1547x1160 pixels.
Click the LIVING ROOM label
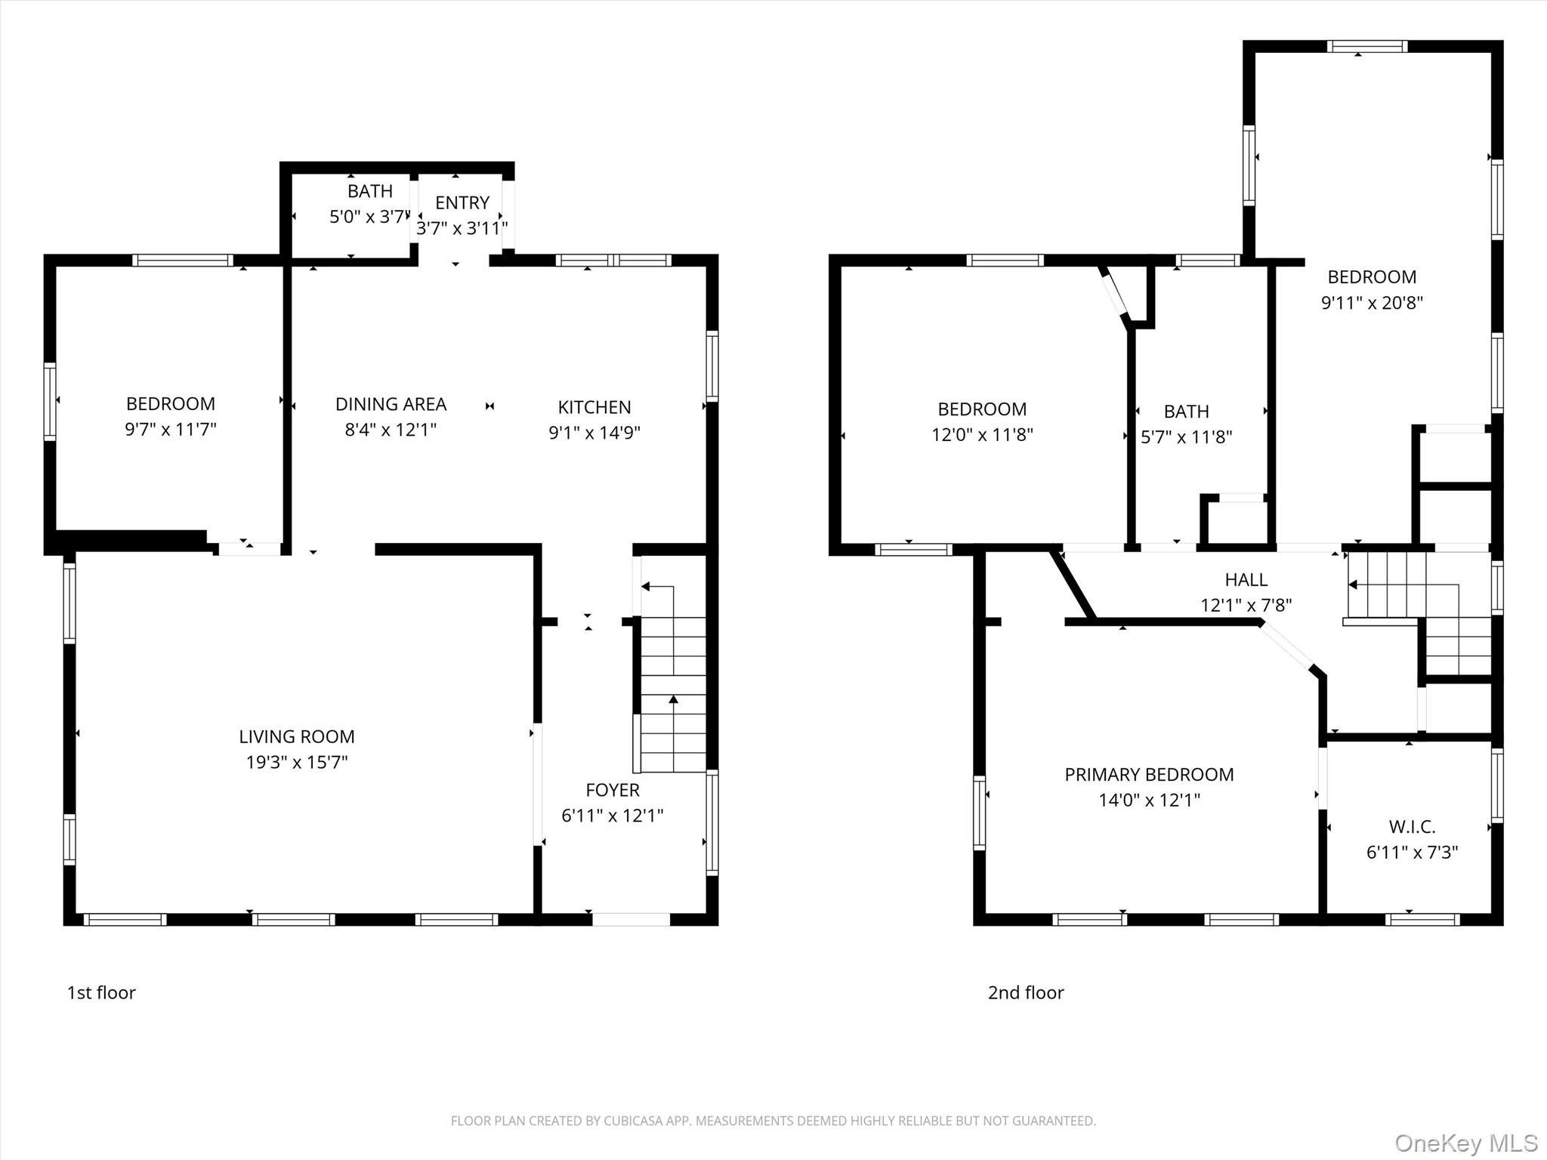click(x=296, y=736)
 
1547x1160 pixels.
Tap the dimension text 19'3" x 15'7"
click(x=296, y=762)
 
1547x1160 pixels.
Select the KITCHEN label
click(x=594, y=407)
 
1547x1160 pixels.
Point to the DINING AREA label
click(x=391, y=404)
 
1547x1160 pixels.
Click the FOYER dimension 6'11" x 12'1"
click(x=612, y=816)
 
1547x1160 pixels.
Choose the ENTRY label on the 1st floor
click(x=462, y=202)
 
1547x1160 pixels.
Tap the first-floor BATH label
click(x=369, y=191)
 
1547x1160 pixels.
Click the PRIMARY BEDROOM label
click(x=1149, y=774)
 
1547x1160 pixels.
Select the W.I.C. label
click(x=1411, y=826)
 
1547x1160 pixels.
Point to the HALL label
click(x=1246, y=579)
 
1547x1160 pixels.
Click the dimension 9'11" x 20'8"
click(x=1372, y=303)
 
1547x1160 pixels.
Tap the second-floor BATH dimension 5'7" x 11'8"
click(x=1186, y=437)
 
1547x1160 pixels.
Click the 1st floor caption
click(x=101, y=992)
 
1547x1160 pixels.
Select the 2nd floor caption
click(x=1025, y=992)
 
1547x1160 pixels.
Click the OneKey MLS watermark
click(x=1465, y=1143)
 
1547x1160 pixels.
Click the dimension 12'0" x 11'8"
click(x=981, y=435)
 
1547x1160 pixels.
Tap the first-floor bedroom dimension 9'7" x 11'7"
click(x=170, y=430)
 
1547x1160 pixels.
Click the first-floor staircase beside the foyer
click(x=672, y=695)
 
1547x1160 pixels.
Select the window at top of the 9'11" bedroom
click(x=1367, y=46)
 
